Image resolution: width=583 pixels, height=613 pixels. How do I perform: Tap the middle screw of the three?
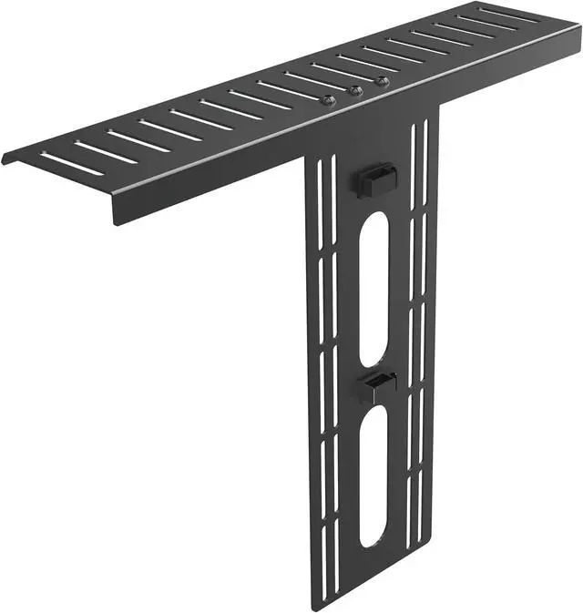pyautogui.click(x=355, y=90)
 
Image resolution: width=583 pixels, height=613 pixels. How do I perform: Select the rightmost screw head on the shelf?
pyautogui.click(x=382, y=82)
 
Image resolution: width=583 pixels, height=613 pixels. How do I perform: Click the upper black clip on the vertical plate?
pyautogui.click(x=374, y=179)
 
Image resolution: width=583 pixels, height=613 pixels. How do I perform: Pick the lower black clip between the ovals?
pyautogui.click(x=374, y=386)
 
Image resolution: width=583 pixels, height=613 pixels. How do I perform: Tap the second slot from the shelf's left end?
pyautogui.click(x=105, y=152)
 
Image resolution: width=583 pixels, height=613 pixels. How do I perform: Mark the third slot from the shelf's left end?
pyautogui.click(x=138, y=141)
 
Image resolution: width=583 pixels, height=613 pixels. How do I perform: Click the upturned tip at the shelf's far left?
pyautogui.click(x=6, y=158)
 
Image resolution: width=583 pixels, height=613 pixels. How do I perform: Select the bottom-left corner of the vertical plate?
pyautogui.click(x=314, y=608)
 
